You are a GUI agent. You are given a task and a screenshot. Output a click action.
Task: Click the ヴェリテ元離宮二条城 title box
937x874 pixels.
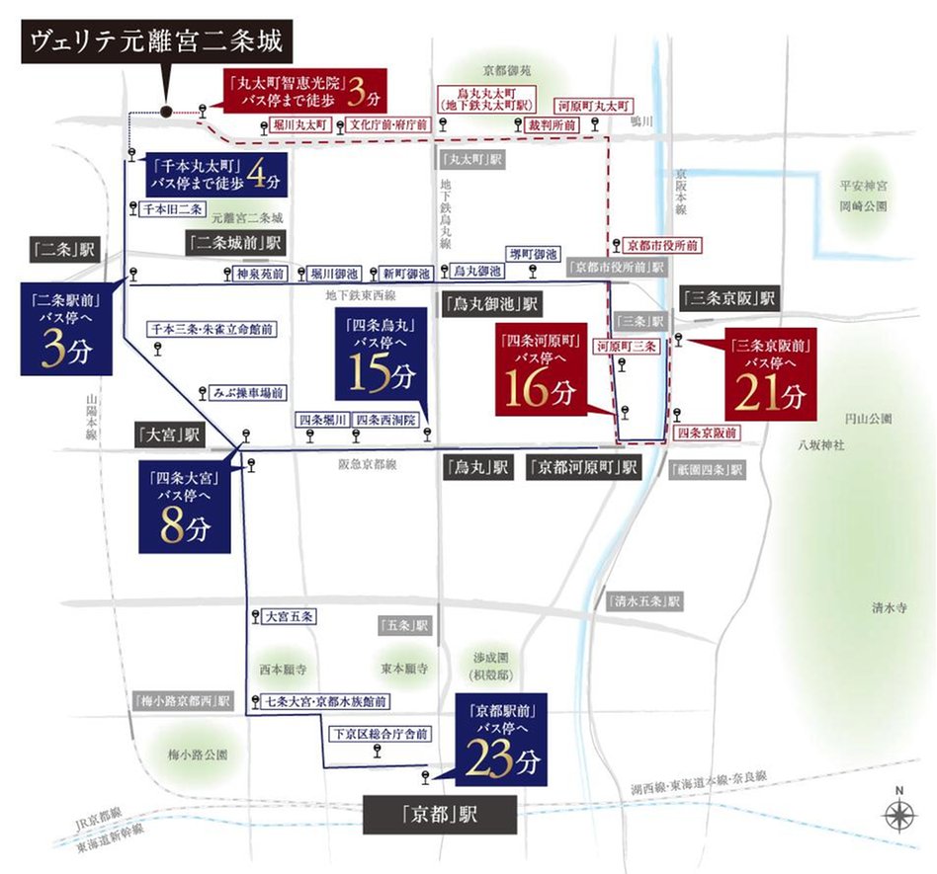[x=156, y=42]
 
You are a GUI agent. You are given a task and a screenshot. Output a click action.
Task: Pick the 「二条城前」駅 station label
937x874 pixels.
[x=236, y=242]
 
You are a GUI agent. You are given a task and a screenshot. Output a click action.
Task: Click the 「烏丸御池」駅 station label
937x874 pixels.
[x=490, y=302]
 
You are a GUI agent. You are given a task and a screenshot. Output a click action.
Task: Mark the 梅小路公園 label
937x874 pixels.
[x=199, y=755]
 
